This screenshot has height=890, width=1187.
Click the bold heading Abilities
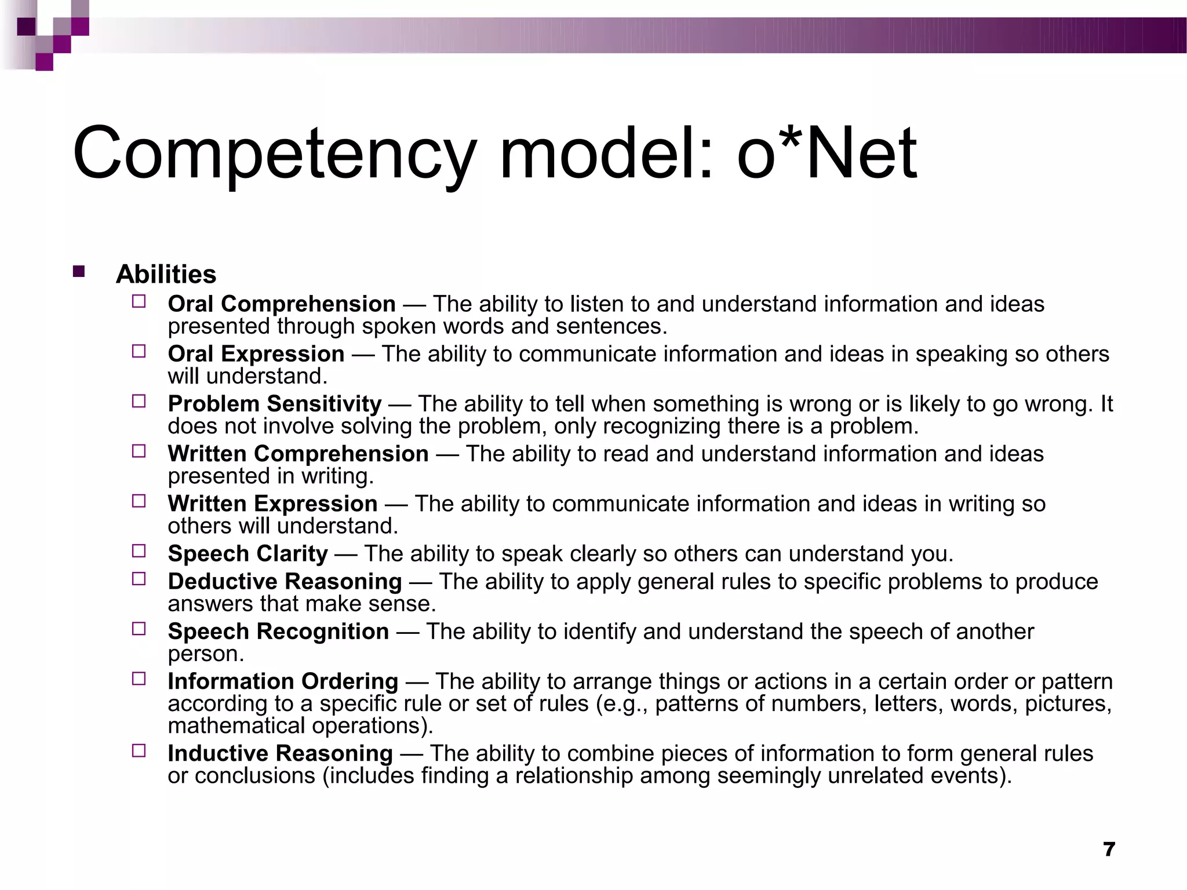point(166,274)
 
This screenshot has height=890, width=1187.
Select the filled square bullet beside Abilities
point(79,271)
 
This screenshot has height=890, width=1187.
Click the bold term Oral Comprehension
point(282,304)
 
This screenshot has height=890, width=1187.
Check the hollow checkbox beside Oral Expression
point(139,351)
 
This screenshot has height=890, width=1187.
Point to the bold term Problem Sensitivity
point(275,403)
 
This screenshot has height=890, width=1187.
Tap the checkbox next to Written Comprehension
point(139,451)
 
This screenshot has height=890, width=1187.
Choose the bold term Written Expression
point(272,504)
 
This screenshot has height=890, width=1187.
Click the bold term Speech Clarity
point(247,553)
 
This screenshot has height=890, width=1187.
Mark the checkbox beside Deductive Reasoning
point(139,579)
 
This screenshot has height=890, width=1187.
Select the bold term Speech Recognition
point(278,631)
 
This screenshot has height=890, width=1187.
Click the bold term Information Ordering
point(283,681)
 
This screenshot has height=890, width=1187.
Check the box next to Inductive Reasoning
point(139,751)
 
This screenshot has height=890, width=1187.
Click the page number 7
point(1109,849)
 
